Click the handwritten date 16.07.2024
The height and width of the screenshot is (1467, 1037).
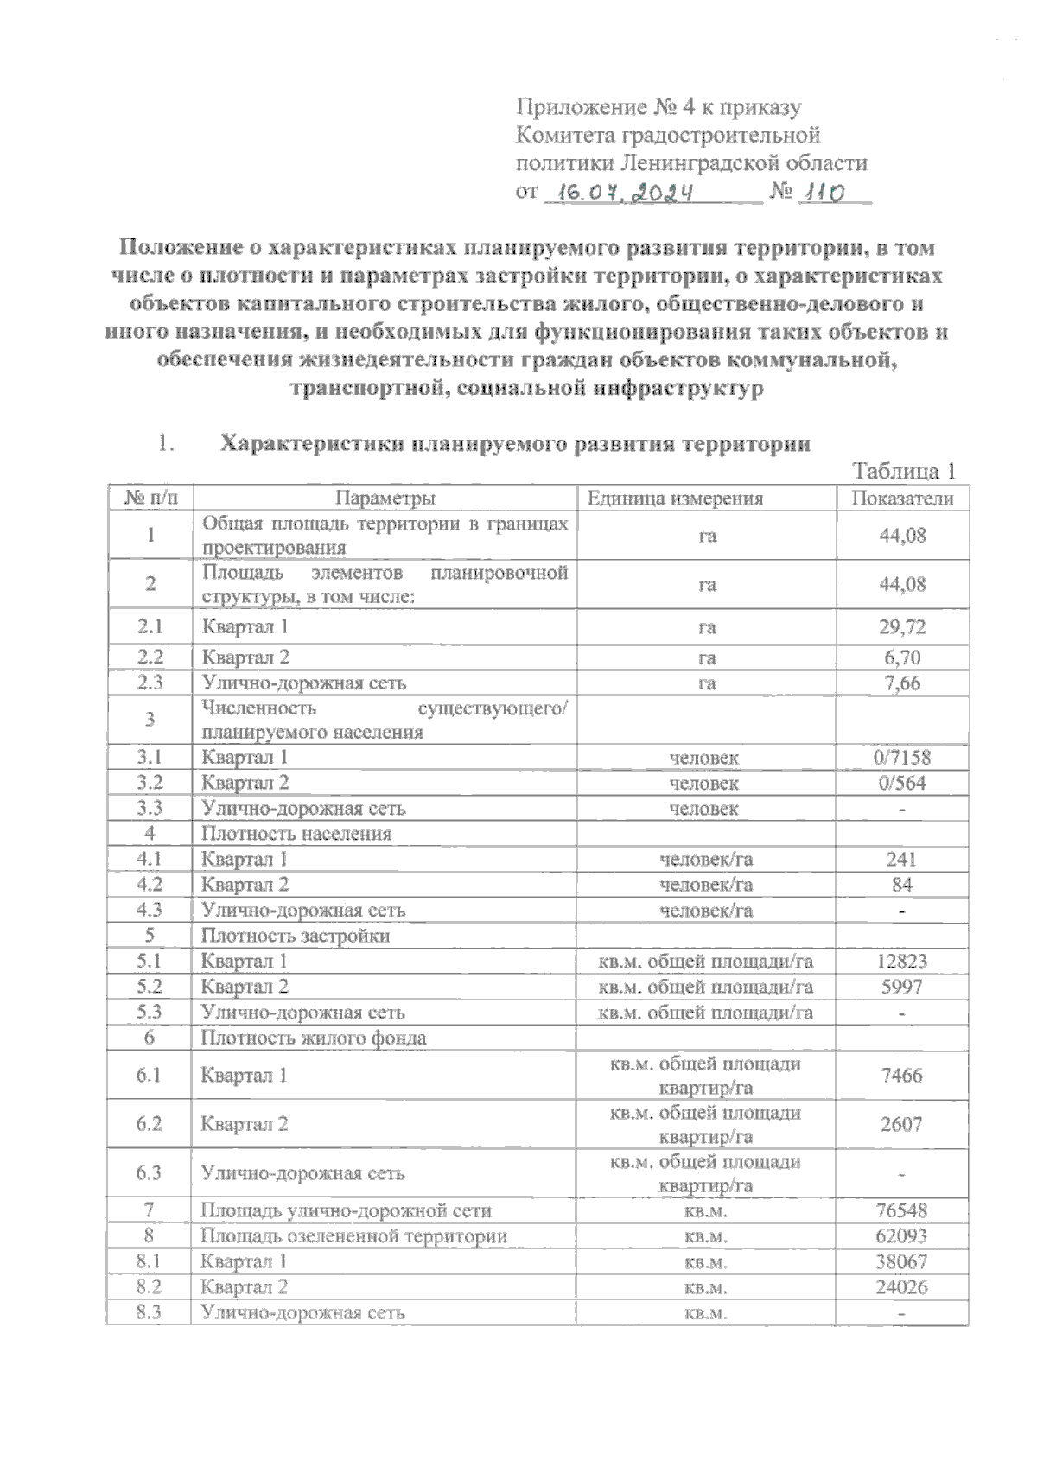click(627, 193)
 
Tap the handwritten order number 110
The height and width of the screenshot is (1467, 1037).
click(824, 193)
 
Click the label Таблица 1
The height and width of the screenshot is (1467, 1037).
click(904, 472)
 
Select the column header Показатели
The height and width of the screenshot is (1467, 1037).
click(902, 499)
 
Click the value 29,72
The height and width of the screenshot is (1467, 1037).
click(902, 626)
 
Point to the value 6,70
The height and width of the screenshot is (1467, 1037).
click(902, 657)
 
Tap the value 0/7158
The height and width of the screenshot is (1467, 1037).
click(902, 758)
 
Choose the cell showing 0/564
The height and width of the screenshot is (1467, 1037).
click(902, 783)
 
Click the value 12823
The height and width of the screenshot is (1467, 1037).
click(902, 961)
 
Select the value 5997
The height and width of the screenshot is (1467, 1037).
click(902, 987)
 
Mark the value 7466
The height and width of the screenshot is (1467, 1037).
click(902, 1076)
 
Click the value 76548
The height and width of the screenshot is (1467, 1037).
click(902, 1210)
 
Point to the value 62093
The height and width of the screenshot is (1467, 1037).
click(902, 1235)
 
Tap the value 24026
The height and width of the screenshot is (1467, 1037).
click(902, 1286)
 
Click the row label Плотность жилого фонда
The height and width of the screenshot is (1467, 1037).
click(314, 1038)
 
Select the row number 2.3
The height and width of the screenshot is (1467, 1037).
click(150, 683)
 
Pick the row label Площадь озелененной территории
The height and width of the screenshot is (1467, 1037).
click(353, 1235)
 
